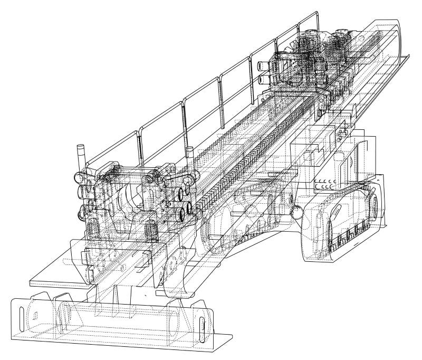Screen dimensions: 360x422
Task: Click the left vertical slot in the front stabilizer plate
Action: [33, 317]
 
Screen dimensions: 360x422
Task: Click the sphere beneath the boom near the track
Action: [298, 212]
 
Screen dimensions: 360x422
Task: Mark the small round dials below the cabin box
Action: [325, 185]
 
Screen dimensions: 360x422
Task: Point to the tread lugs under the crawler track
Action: [348, 235]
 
